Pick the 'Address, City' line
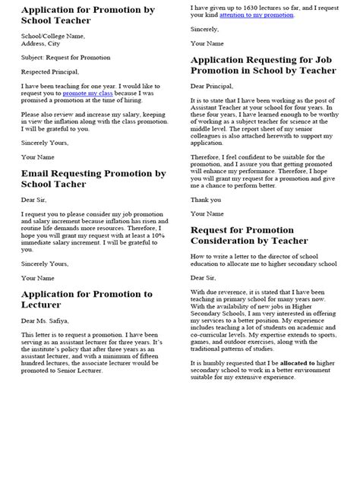point(45,43)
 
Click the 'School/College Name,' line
point(53,36)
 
